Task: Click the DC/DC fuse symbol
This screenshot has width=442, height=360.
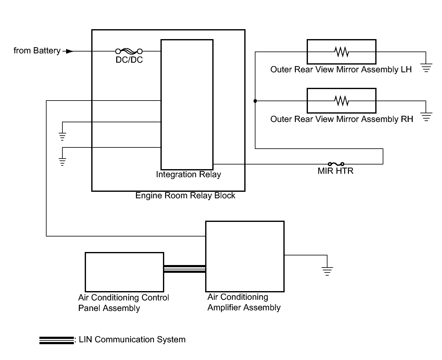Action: [x=129, y=51]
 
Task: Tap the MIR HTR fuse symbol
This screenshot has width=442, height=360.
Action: [x=336, y=164]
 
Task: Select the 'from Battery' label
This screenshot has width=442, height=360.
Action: [x=37, y=51]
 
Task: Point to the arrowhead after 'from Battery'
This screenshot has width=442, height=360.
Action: [x=70, y=51]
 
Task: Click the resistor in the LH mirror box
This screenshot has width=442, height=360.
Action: [x=341, y=52]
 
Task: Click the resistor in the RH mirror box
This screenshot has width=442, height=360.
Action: [x=341, y=101]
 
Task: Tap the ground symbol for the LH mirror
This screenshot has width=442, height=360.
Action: [x=426, y=68]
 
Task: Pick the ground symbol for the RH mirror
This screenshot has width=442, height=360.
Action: [x=426, y=117]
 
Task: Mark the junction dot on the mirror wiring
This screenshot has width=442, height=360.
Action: [x=255, y=101]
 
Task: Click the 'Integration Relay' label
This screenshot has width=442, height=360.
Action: [x=188, y=174]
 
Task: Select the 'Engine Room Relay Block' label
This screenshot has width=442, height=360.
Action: [x=185, y=196]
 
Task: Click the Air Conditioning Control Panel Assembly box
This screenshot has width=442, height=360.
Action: [x=124, y=272]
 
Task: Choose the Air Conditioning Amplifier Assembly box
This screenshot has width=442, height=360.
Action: [x=245, y=256]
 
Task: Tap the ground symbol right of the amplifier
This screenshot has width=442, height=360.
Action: [x=327, y=271]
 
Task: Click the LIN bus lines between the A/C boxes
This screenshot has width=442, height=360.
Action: [x=185, y=269]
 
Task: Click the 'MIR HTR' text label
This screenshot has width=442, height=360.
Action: [x=336, y=171]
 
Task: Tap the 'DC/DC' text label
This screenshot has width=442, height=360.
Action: [x=129, y=60]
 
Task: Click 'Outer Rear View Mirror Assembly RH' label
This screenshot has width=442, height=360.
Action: [x=341, y=119]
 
